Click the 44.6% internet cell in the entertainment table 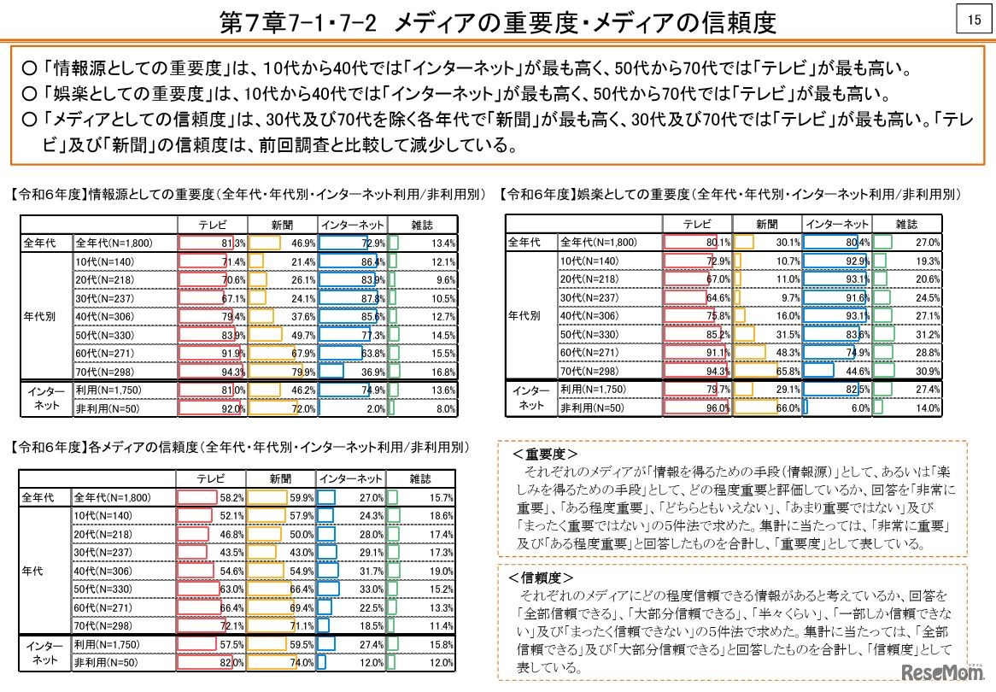(x=836, y=372)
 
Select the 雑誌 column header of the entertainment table (x=906, y=224)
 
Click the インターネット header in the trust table (x=350, y=478)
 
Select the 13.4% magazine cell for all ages (x=422, y=243)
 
